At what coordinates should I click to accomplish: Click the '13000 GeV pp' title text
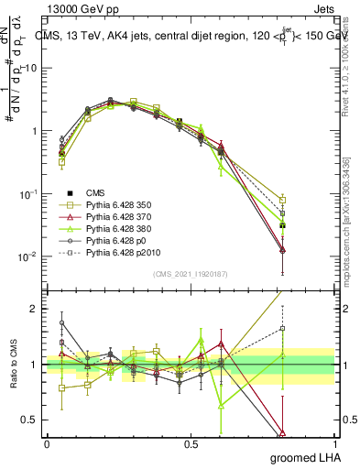point(81,7)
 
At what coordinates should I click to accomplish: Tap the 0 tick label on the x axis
point(47,443)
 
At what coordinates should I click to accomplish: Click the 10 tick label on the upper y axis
point(30,68)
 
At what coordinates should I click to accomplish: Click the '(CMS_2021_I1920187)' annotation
point(190,272)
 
